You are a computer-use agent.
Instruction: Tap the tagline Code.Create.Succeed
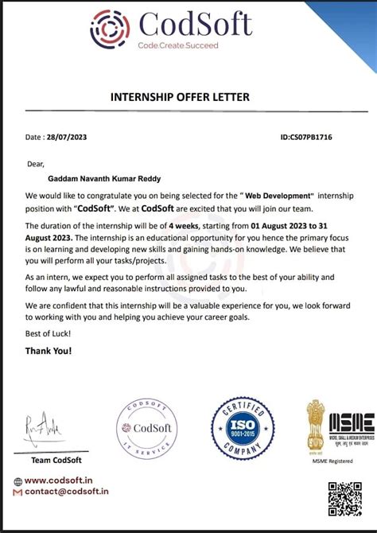(x=177, y=45)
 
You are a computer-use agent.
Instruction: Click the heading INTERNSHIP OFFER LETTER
(x=179, y=97)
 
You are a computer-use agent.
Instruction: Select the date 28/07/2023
(x=66, y=138)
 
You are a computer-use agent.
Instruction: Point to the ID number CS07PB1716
(x=306, y=138)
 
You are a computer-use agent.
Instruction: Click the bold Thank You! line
(x=49, y=350)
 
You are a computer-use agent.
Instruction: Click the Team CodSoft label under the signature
(x=56, y=460)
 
